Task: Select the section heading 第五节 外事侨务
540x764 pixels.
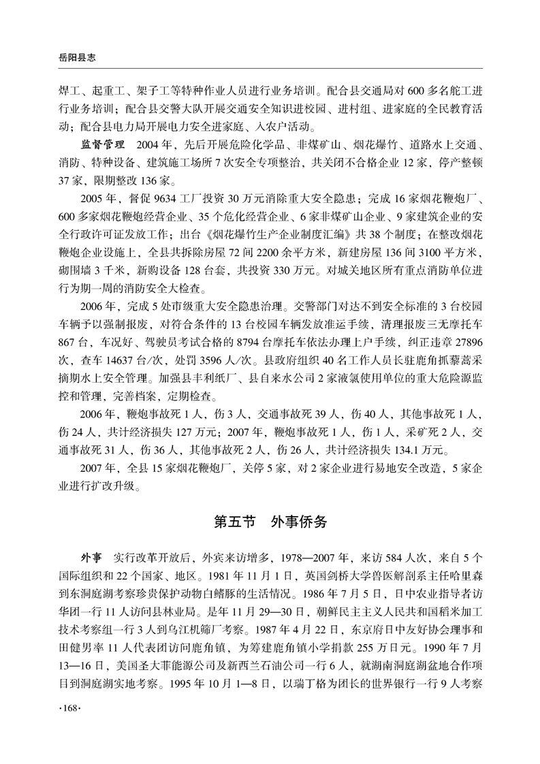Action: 270,522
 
